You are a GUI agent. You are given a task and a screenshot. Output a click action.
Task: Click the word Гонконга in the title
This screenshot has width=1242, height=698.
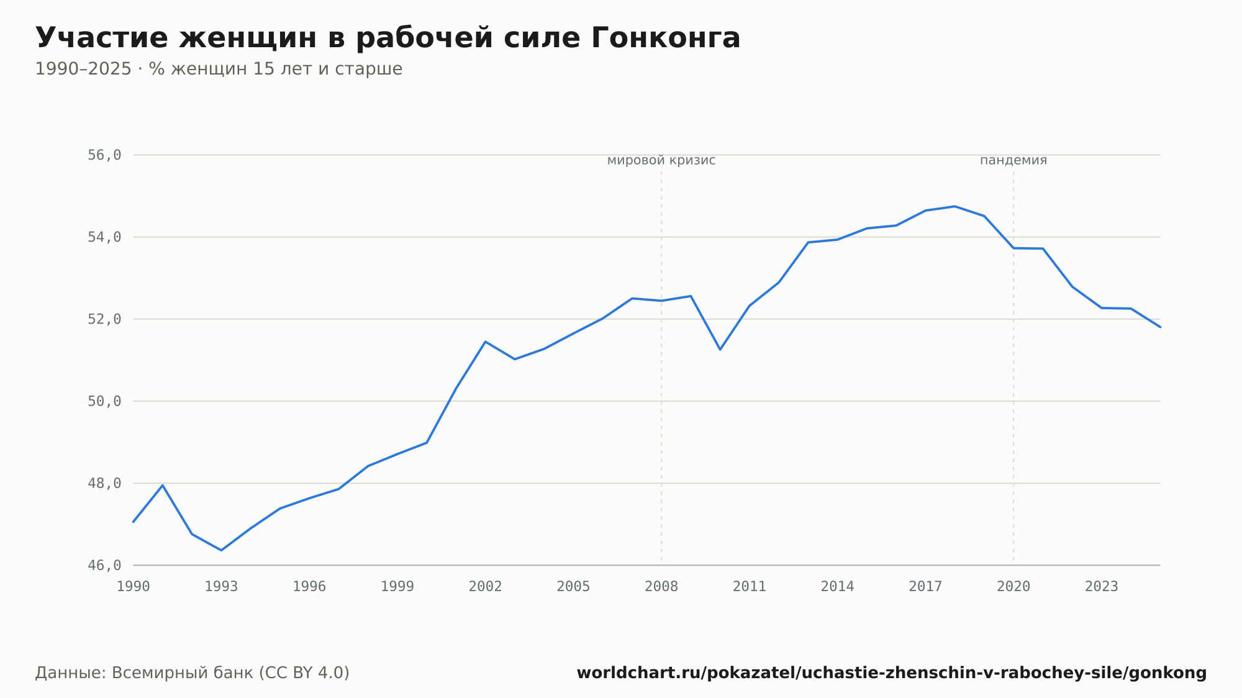click(665, 38)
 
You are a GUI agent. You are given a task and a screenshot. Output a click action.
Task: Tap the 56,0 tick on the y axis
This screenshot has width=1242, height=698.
click(104, 155)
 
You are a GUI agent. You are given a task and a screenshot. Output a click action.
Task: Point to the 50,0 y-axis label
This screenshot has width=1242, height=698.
click(104, 401)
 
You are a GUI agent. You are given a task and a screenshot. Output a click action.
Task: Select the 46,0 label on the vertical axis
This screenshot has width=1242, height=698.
click(104, 565)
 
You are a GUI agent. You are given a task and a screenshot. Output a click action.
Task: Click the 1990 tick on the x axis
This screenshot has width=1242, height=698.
click(134, 586)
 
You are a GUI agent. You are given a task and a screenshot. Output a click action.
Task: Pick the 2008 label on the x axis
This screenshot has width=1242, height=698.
click(661, 586)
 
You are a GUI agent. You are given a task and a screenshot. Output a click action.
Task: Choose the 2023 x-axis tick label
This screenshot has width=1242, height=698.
click(1102, 586)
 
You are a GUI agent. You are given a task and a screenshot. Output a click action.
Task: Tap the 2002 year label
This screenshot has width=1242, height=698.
click(486, 586)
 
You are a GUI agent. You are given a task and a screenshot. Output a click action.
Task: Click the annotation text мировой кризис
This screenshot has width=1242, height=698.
click(661, 160)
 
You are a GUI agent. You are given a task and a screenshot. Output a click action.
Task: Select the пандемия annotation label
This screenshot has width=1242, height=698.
click(1013, 160)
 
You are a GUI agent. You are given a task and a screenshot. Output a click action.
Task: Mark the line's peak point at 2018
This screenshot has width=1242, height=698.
click(955, 206)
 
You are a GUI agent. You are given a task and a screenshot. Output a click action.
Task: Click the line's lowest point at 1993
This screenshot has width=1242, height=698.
click(221, 550)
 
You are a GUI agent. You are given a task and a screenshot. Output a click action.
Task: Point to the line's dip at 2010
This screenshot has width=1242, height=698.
click(720, 350)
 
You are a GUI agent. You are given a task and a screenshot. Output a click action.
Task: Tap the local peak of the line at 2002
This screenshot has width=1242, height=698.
click(486, 342)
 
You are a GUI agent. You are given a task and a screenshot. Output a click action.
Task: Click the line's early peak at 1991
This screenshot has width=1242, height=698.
click(163, 485)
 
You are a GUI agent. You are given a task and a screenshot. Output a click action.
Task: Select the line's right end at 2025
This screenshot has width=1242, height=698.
click(1160, 327)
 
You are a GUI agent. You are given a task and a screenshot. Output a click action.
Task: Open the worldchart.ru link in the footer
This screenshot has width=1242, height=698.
click(892, 673)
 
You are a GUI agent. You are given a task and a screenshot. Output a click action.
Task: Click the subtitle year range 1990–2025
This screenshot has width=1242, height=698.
click(83, 69)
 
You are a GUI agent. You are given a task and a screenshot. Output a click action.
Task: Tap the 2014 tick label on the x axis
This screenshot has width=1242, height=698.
click(838, 586)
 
